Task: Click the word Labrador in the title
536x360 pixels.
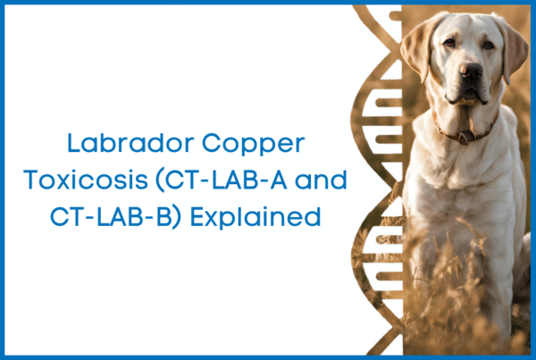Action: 130,143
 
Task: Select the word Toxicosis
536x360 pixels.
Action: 86,180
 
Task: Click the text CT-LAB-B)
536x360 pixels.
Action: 115,217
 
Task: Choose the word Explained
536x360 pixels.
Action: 255,218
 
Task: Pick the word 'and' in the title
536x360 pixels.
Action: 321,180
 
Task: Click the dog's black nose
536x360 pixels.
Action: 471,71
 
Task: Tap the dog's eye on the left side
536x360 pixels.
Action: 449,42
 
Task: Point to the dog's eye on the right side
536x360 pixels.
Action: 489,45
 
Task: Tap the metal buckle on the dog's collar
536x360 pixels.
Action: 464,138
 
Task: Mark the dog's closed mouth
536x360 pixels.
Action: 467,96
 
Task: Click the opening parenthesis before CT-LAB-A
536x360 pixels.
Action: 160,181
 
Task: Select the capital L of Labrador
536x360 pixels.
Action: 73,143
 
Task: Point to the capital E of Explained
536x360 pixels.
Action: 197,217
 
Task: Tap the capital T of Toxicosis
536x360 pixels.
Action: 30,180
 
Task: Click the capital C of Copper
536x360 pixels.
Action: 211,143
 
